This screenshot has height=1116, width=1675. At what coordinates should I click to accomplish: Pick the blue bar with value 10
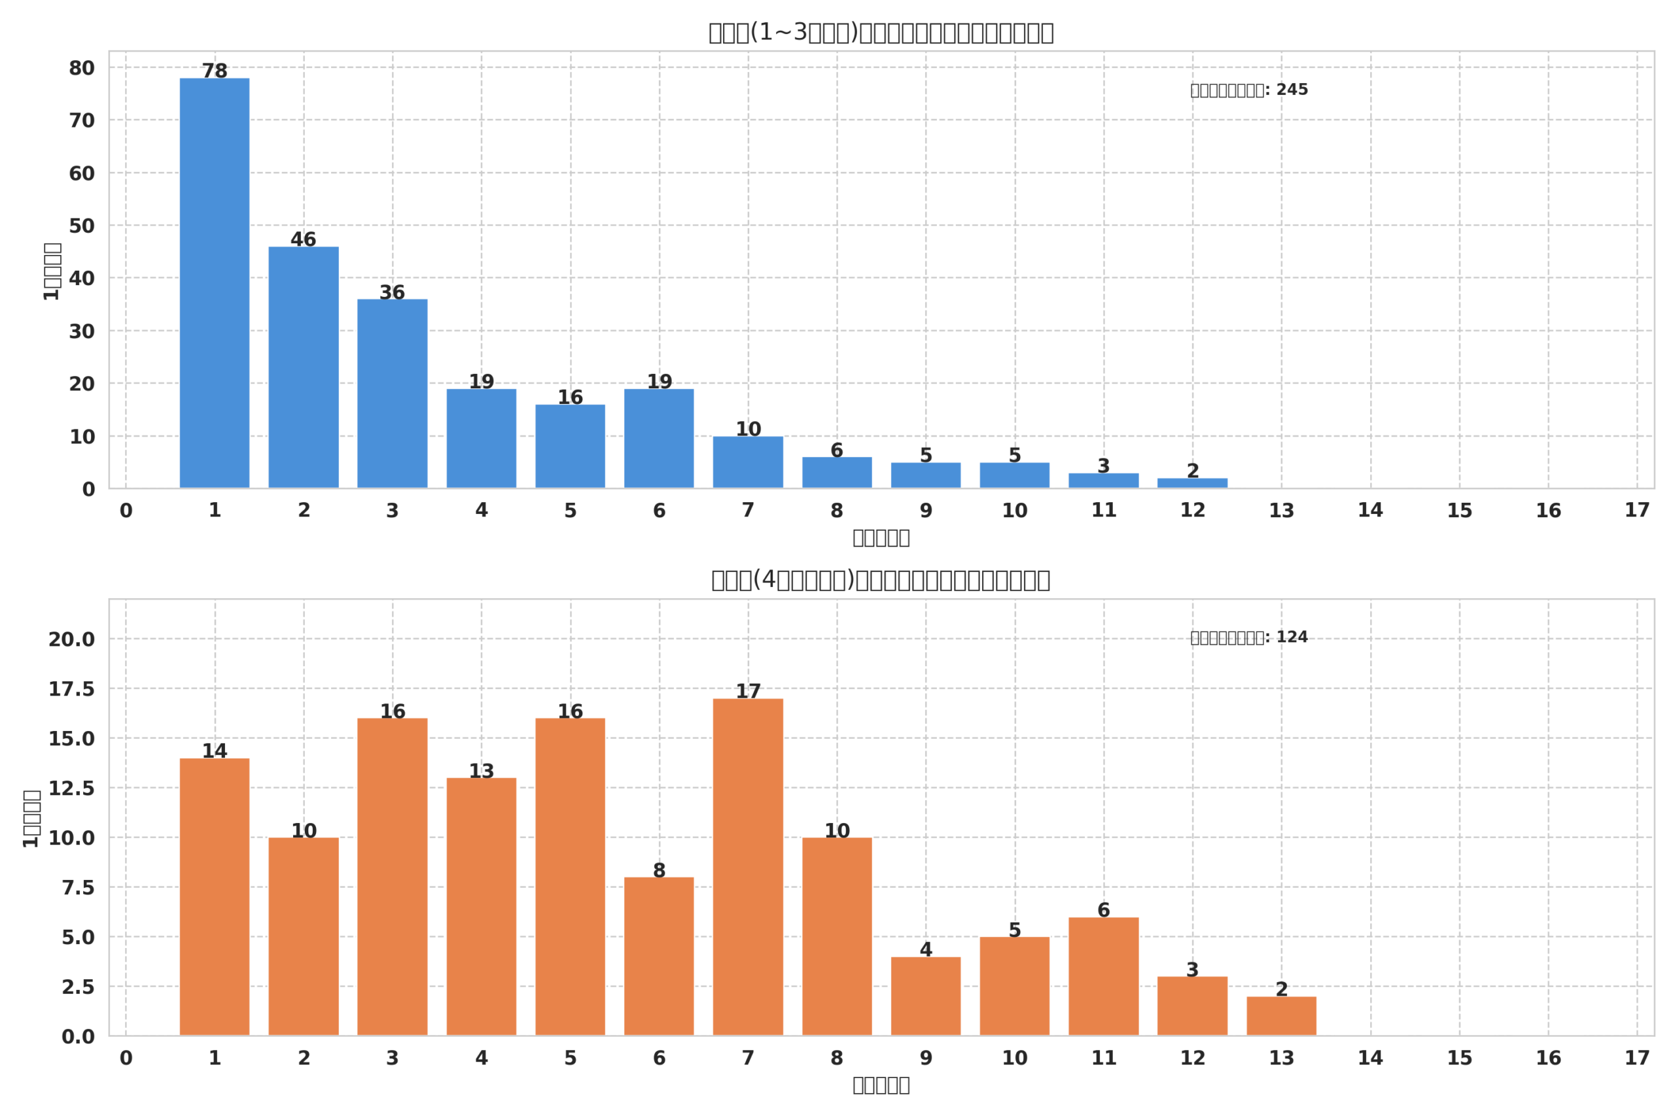coord(748,462)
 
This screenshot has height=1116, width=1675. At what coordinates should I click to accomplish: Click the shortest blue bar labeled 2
coord(1192,483)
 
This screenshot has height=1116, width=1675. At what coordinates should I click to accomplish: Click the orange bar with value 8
coord(659,956)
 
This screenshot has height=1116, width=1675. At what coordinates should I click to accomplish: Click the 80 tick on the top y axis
coord(82,69)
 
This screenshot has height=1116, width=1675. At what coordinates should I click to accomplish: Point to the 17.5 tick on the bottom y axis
coord(71,689)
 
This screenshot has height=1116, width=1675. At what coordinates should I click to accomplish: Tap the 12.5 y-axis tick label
coord(71,788)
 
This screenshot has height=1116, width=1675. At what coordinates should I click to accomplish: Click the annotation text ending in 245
coord(1249,90)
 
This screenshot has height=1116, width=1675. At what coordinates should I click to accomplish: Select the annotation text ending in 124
coord(1249,637)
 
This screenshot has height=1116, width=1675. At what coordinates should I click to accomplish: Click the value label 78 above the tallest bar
coord(215,71)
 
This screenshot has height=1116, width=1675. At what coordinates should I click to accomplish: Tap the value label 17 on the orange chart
coord(748,691)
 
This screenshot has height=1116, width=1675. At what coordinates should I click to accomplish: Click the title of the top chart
coord(881,33)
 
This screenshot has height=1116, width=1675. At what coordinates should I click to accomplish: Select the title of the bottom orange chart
coord(881,580)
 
